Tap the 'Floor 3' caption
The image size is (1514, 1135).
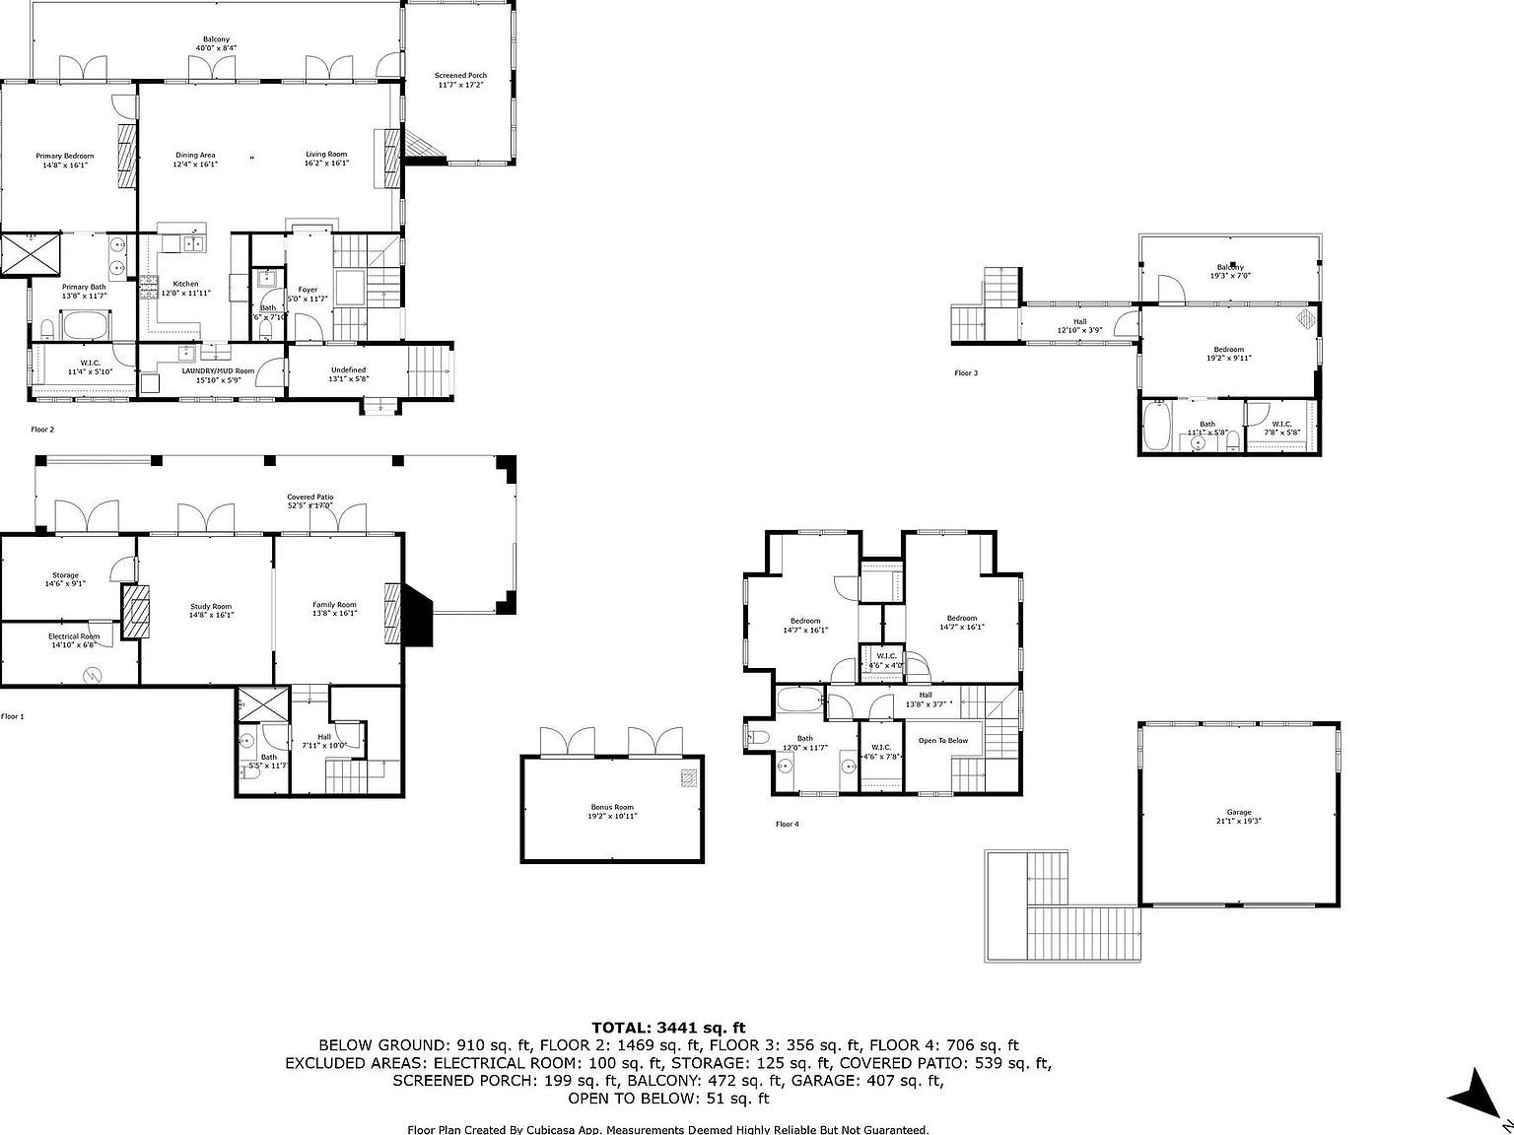pos(967,373)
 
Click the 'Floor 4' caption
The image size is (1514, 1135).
pos(787,824)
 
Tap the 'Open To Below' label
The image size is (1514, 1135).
pos(943,740)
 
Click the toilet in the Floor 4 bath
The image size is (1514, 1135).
pos(757,737)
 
